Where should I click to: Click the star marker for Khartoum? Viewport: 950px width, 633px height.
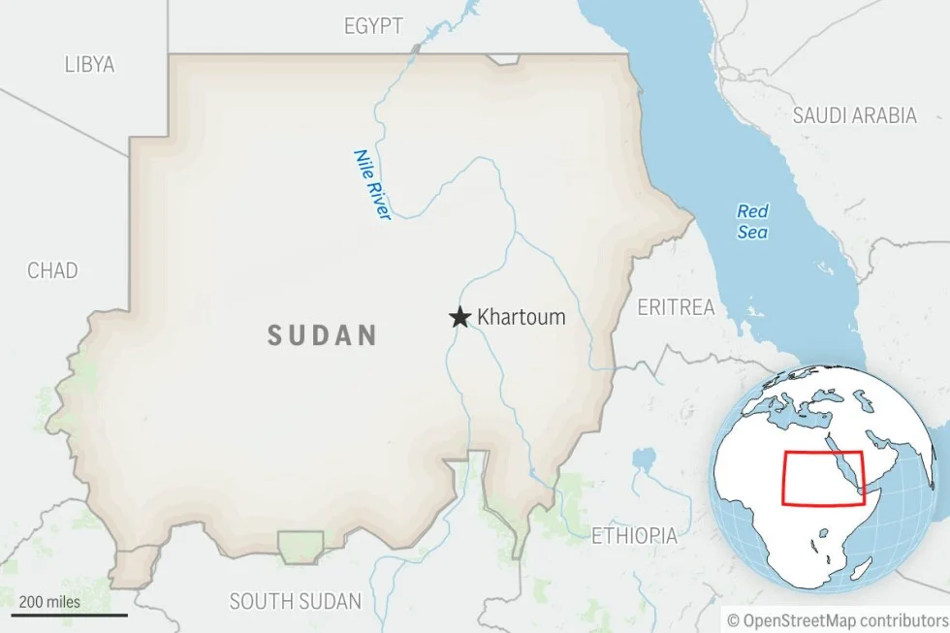[x=459, y=317]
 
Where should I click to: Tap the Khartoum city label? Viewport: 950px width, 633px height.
[x=521, y=317]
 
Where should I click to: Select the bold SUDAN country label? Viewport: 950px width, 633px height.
[x=322, y=335]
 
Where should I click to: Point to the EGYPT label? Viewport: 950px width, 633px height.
[x=373, y=26]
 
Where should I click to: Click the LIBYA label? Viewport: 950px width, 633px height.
[x=89, y=65]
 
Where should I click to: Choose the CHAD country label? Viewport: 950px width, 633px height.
[x=52, y=270]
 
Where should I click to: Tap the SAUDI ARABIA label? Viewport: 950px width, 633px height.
[x=854, y=115]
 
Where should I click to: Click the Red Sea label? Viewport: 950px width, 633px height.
[x=752, y=221]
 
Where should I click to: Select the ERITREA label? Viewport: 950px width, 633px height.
[x=676, y=307]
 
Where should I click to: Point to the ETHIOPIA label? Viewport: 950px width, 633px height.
[x=634, y=535]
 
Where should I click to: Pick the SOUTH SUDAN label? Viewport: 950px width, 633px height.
[x=295, y=601]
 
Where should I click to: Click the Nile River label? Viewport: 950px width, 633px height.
[x=371, y=184]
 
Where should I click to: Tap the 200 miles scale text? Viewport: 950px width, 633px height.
[x=49, y=601]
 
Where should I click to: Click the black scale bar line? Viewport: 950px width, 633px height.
[x=69, y=615]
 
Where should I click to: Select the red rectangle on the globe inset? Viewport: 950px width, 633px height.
[x=822, y=478]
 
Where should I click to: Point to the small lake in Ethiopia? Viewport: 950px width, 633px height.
[x=642, y=459]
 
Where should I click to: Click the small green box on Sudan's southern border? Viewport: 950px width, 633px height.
[x=301, y=546]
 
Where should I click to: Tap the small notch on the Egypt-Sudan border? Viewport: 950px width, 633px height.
[x=504, y=60]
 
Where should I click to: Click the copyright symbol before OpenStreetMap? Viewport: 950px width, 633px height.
[x=734, y=618]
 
